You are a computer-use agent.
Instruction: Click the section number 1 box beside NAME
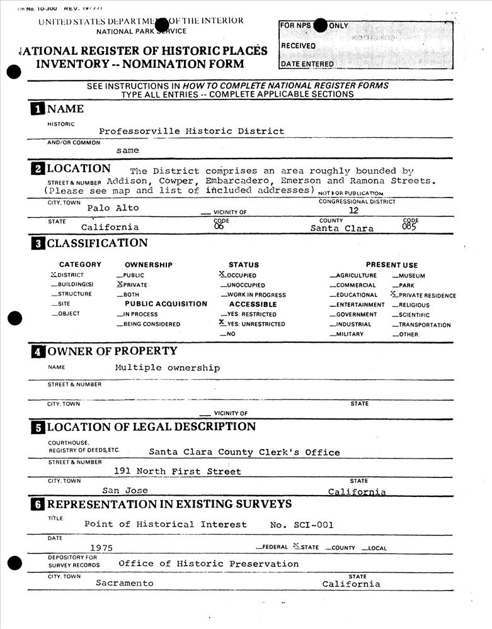click(38, 109)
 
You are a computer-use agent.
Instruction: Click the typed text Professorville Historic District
click(192, 131)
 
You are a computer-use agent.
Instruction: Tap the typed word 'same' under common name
click(127, 151)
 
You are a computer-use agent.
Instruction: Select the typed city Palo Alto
click(113, 208)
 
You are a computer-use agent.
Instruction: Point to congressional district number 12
click(353, 211)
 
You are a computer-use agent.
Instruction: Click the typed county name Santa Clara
click(341, 228)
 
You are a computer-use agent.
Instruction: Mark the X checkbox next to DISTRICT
click(54, 275)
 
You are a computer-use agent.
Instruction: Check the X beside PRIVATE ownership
click(120, 284)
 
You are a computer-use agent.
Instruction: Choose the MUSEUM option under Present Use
click(412, 276)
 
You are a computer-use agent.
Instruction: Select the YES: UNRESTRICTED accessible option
click(255, 324)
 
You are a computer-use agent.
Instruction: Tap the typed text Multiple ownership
click(167, 367)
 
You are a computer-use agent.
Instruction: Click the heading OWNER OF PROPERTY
click(112, 351)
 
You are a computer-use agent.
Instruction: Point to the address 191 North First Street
click(177, 471)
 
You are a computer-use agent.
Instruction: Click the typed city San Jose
click(125, 490)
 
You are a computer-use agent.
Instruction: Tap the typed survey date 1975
click(101, 548)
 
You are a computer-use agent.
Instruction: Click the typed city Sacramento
click(124, 583)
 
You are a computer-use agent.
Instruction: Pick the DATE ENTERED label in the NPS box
click(307, 64)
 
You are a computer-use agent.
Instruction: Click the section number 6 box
click(38, 504)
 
